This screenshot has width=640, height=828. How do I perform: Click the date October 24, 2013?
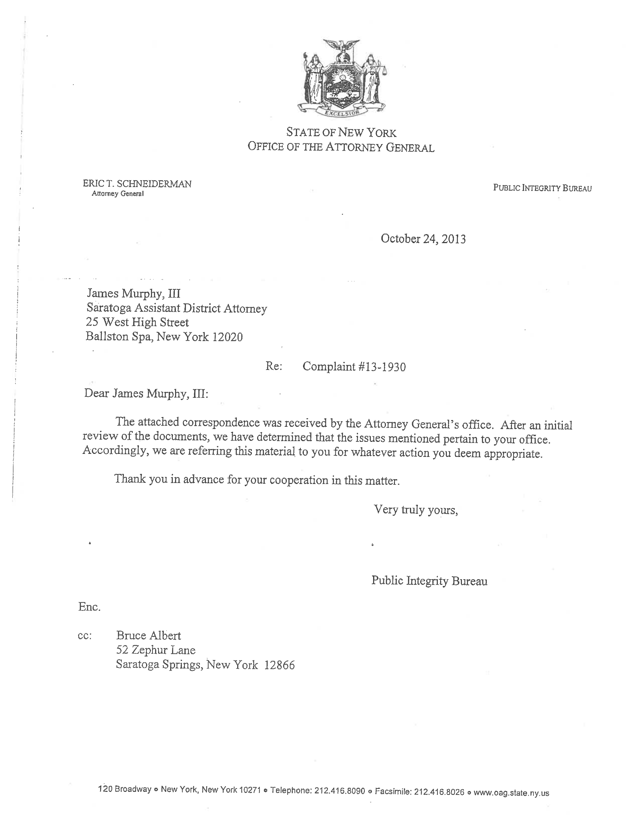[x=423, y=239]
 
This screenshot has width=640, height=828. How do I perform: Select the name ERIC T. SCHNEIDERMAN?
[x=137, y=184]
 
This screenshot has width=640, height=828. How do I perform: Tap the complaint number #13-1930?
[x=381, y=367]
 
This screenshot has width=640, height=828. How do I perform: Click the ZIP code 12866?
[x=279, y=665]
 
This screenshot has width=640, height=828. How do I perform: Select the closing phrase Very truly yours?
[x=416, y=510]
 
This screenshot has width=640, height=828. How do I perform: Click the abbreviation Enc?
[x=90, y=607]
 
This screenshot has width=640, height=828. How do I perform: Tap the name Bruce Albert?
[x=149, y=636]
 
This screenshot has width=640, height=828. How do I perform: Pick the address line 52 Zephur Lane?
[x=156, y=650]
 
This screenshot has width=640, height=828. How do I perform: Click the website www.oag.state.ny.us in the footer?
[x=511, y=793]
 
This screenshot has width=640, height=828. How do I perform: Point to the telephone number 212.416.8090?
[x=339, y=791]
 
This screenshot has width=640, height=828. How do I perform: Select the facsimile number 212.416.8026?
[x=439, y=791]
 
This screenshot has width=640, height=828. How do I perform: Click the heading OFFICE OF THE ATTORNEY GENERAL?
[x=341, y=147]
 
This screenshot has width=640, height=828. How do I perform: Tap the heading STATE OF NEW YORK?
[x=341, y=133]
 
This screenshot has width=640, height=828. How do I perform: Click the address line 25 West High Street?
[x=137, y=322]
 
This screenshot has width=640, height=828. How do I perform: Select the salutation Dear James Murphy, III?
[x=146, y=394]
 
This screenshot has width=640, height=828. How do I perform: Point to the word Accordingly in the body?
[x=114, y=451]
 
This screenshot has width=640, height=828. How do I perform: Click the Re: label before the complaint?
[x=274, y=366]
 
